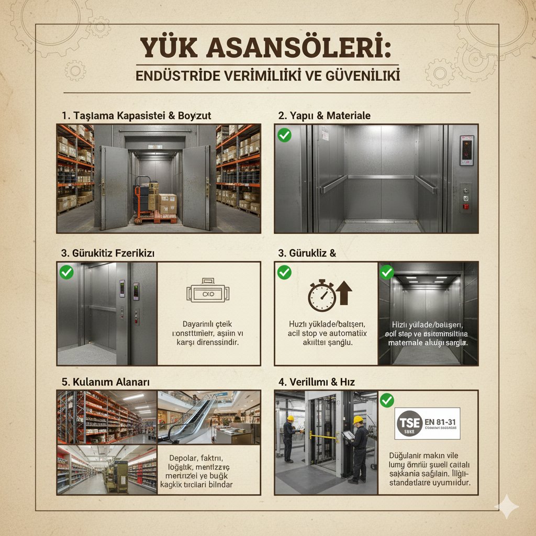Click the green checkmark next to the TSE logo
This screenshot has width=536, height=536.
click(387, 401)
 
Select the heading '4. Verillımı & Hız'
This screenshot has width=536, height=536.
click(316, 382)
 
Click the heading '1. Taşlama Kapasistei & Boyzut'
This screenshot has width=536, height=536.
click(136, 115)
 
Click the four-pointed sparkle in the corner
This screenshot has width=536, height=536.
click(507, 507)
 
